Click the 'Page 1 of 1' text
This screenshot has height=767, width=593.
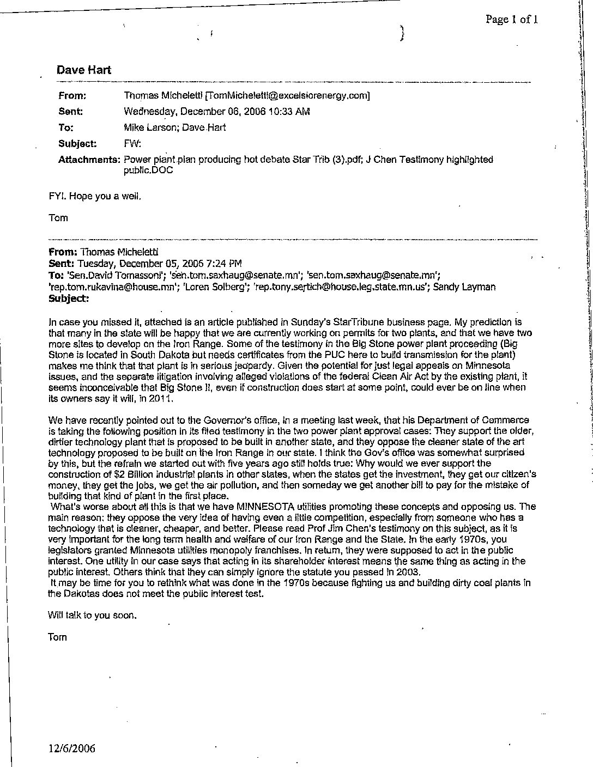[512, 20]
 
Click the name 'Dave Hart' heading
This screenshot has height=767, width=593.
[83, 70]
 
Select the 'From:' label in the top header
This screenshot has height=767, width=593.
[72, 96]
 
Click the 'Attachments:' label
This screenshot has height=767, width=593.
[89, 160]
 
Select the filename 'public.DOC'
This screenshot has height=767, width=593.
[149, 169]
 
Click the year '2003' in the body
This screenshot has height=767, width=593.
[409, 572]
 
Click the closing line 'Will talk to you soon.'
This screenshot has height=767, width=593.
[92, 616]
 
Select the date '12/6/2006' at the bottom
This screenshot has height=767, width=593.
[71, 748]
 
